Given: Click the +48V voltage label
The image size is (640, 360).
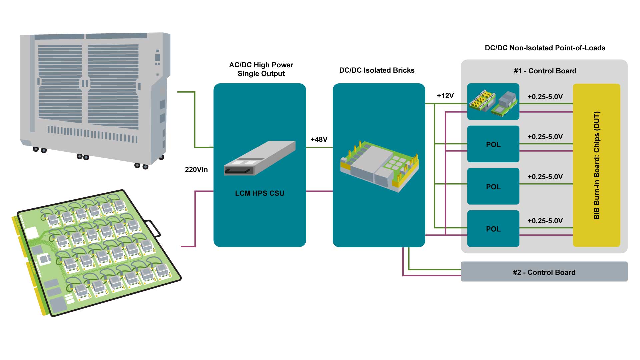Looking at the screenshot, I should click(319, 140).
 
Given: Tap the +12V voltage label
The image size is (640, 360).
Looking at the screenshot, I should click(445, 96).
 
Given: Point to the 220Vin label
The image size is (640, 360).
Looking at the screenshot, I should click(196, 170).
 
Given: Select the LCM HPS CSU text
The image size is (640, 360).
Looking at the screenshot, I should click(259, 193).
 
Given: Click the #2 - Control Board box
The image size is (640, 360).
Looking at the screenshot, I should click(544, 272).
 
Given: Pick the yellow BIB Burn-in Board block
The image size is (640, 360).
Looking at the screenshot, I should click(596, 165).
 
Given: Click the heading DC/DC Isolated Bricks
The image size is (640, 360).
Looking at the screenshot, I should click(377, 70).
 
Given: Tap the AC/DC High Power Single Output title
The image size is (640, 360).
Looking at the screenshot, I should click(261, 69).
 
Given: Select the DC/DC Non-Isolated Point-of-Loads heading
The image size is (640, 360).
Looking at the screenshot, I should click(545, 48).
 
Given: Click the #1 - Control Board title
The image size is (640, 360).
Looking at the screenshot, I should click(545, 71).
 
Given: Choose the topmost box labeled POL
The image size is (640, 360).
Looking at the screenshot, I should click(493, 144).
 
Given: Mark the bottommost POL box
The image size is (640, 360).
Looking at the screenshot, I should click(493, 229).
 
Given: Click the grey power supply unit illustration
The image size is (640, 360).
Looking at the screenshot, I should click(260, 159).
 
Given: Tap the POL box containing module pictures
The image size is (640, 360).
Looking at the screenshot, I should click(493, 102).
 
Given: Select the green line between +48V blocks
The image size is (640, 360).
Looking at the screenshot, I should click(319, 147).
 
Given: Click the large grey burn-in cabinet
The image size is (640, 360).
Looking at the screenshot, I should click(95, 97).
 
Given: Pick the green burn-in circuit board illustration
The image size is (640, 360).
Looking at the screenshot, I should click(97, 253).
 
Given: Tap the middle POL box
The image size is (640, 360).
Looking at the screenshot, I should click(493, 186).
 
